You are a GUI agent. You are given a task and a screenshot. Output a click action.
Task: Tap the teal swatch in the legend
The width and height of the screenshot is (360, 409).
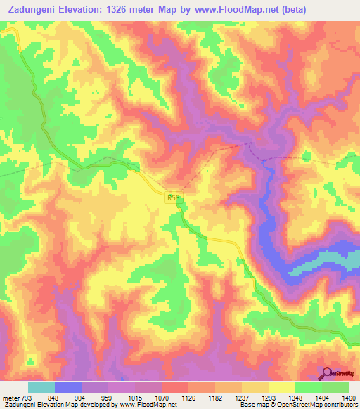pyautogui.click(x=41, y=387)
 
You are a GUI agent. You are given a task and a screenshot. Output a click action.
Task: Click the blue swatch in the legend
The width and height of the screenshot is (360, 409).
pyautogui.click(x=67, y=387)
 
